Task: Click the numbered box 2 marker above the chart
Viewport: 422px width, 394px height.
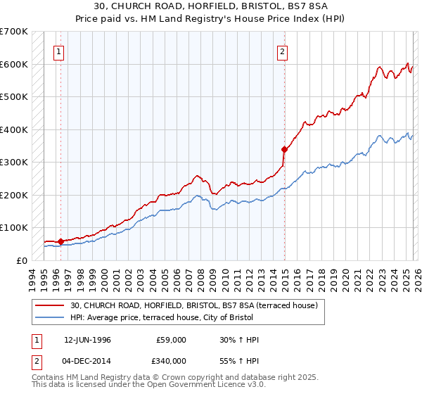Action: click(282, 51)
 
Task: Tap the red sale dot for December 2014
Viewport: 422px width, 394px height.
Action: click(284, 149)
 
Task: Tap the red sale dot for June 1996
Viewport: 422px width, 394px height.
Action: click(60, 241)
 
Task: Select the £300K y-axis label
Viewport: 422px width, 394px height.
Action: click(14, 162)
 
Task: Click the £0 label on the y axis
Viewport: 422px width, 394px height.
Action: click(22, 260)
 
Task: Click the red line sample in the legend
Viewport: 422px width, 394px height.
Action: click(49, 305)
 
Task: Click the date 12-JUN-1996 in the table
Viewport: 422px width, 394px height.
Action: click(87, 340)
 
